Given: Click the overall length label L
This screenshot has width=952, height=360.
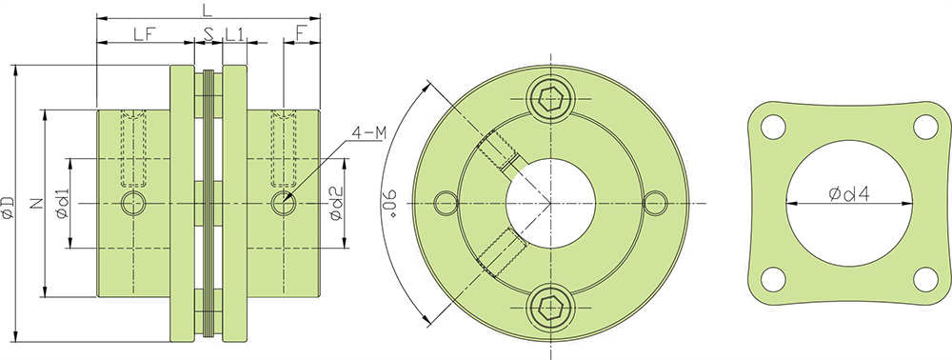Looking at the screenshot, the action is [x=208, y=10].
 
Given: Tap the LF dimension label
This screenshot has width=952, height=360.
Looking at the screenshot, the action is [x=145, y=34].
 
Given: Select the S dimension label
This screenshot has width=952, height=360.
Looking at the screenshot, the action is [x=208, y=34].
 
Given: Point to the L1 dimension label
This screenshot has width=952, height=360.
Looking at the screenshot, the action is [x=234, y=34].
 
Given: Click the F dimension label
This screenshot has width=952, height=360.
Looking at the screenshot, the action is [x=302, y=34].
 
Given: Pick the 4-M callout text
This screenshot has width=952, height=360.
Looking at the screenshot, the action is [x=368, y=133].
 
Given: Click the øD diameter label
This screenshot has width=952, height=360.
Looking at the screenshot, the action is [x=8, y=206].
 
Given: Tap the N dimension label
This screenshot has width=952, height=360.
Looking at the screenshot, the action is [x=34, y=203].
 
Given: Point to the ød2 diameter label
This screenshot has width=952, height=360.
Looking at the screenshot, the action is [x=336, y=203].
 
